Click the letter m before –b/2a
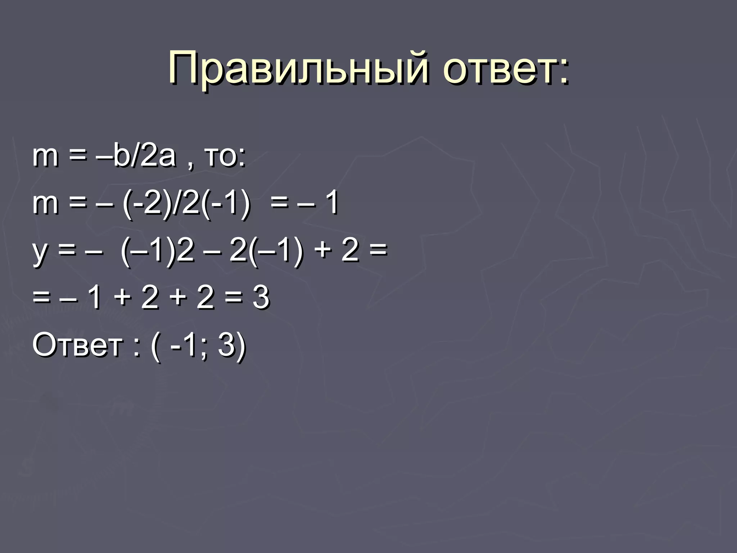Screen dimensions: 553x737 [x=45, y=157]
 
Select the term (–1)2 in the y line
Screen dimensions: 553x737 [x=158, y=250]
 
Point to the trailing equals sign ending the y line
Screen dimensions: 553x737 [x=378, y=250]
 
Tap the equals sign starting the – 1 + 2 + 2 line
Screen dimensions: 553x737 [x=41, y=298]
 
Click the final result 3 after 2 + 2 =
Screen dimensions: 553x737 [x=261, y=298]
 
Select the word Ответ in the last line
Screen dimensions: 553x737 [x=78, y=345]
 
